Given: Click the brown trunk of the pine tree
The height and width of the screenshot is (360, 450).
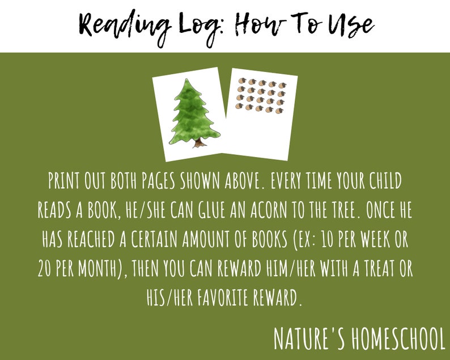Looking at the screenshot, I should coord(198,142).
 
